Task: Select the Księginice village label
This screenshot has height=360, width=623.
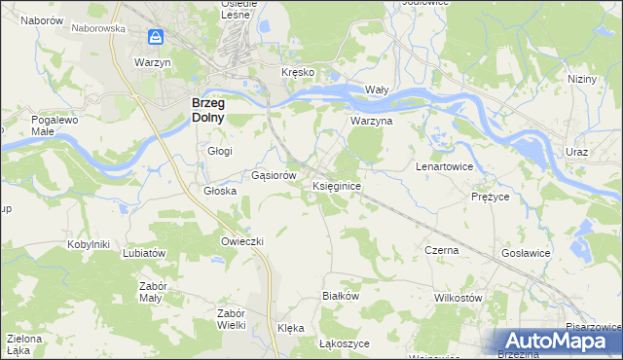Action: click(338, 185)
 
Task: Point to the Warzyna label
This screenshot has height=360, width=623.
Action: click(371, 122)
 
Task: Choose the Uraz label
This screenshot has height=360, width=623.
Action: click(577, 153)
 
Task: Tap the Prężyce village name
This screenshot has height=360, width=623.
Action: click(490, 196)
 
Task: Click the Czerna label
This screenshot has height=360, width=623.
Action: click(442, 250)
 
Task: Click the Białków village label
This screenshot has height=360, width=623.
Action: click(341, 295)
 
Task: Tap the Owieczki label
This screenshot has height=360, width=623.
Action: click(242, 240)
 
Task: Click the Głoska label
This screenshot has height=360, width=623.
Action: click(220, 191)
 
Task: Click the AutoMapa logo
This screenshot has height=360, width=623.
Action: click(558, 341)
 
